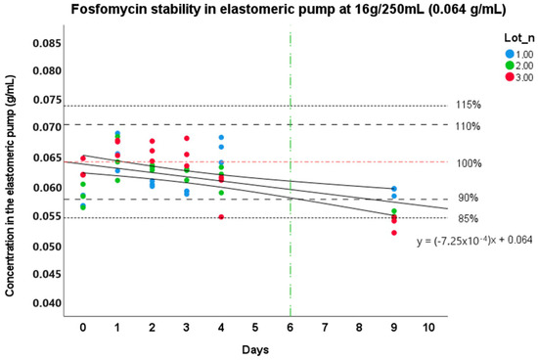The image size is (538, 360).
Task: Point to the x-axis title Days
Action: tap(256, 347)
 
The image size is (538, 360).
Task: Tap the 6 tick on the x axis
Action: tap(291, 327)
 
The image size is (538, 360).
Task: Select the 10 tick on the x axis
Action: tap(427, 327)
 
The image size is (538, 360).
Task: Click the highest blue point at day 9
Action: tap(393, 189)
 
